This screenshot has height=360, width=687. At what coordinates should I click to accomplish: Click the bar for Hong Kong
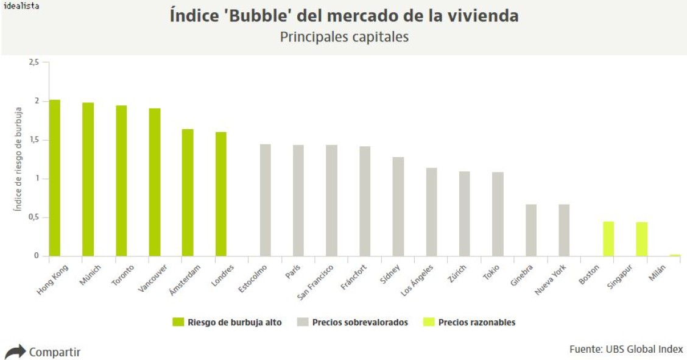tap(55, 178)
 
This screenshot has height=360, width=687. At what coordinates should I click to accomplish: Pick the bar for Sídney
tap(398, 206)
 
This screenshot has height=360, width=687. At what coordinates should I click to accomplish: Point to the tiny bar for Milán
tap(675, 255)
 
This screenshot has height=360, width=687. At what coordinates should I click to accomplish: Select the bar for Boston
tap(608, 239)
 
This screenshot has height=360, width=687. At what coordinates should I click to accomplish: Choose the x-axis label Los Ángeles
tap(417, 280)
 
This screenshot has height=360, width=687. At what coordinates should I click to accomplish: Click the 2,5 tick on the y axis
tap(33, 62)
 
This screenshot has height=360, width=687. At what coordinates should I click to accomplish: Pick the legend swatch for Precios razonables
tap(428, 322)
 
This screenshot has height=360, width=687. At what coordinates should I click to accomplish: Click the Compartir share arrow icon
tap(15, 351)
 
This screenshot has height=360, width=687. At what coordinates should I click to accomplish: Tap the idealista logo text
tap(21, 5)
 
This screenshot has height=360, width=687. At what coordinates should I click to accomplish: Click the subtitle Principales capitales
tap(344, 37)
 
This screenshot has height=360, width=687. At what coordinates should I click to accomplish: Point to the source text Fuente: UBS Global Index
tap(626, 349)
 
